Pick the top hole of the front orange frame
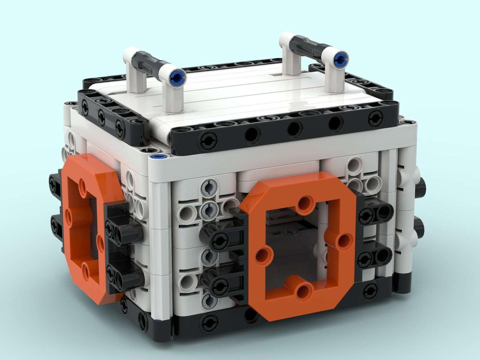(304, 206)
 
